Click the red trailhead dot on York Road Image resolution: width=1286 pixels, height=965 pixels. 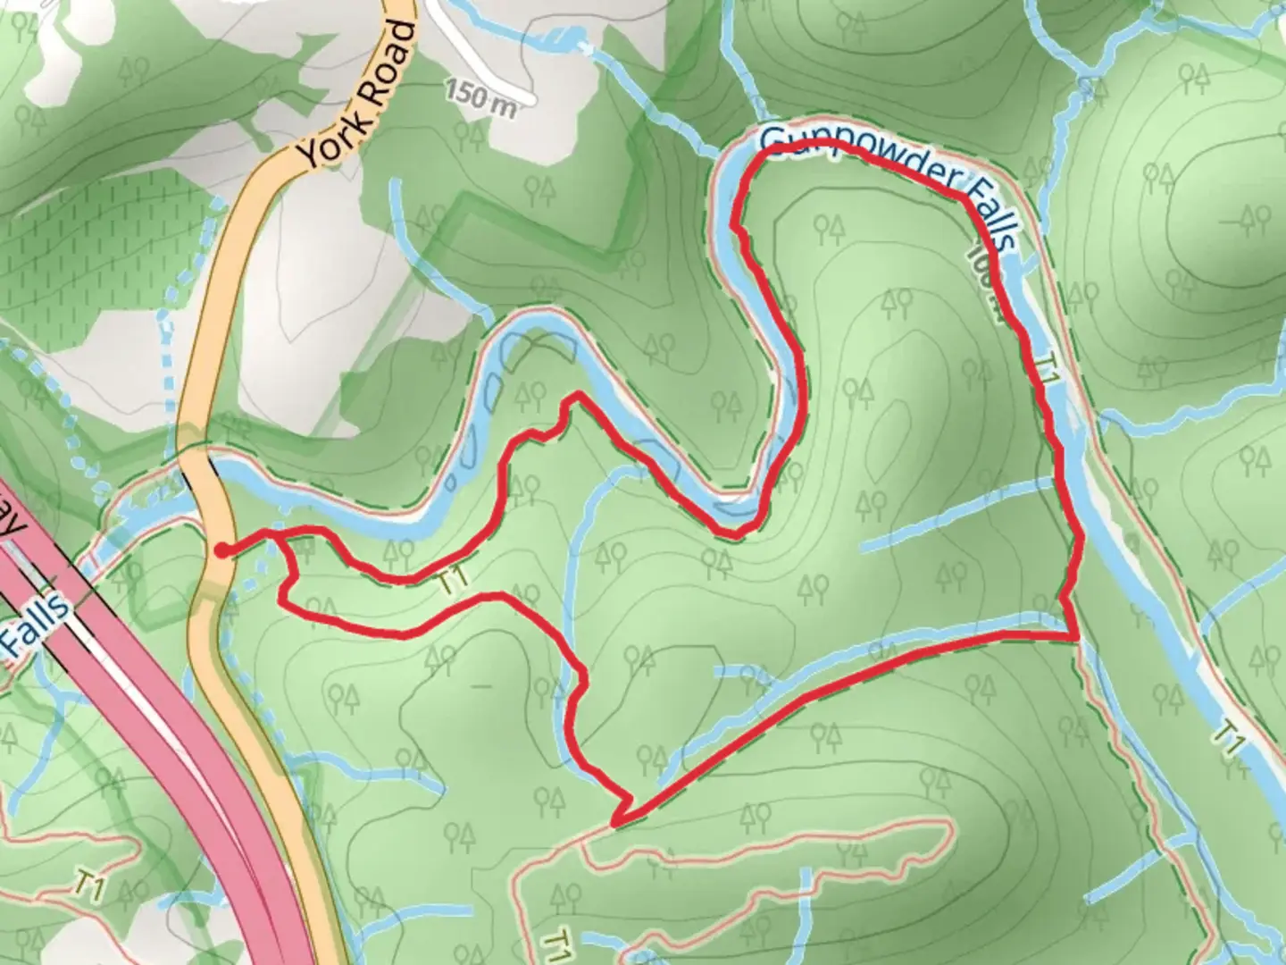pos(220,550)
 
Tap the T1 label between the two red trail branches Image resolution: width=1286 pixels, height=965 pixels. pos(455,581)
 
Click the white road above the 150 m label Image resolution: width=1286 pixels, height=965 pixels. pos(482,58)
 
